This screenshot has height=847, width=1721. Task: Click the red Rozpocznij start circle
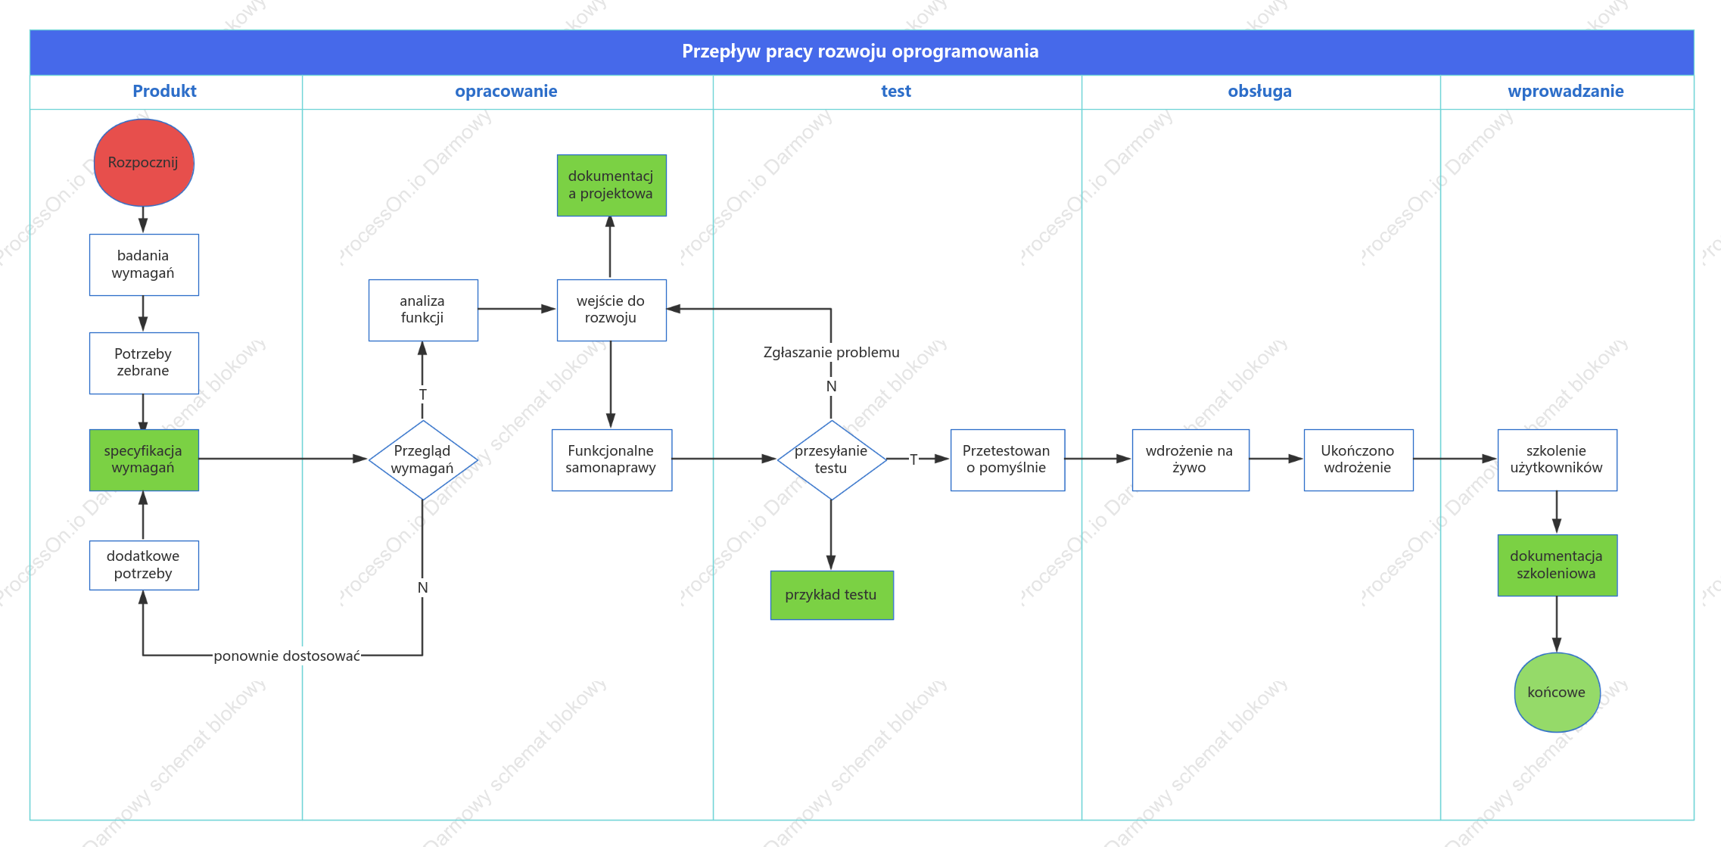144,163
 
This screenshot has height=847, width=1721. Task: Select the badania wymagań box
144,265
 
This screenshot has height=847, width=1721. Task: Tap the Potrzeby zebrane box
144,363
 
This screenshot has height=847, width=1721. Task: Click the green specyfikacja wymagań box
144,460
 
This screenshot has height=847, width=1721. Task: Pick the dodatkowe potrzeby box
144,565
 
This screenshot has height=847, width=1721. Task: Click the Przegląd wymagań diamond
423,460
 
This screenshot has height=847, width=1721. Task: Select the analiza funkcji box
423,310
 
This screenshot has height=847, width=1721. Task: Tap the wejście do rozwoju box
612,310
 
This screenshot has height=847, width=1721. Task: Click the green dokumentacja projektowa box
612,185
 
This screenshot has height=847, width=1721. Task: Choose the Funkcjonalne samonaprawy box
612,460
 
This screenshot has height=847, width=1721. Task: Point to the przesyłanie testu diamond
832,460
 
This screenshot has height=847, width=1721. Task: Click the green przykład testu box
832,595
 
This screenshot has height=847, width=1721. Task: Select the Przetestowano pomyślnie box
1007,460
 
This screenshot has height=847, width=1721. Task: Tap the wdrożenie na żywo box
1190,460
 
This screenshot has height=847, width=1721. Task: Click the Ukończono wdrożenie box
1358,460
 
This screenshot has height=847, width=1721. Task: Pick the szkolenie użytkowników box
1558,460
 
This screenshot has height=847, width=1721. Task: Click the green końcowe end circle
1558,693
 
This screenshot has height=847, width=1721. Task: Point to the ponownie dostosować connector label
287,656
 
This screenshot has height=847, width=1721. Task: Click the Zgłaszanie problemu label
832,353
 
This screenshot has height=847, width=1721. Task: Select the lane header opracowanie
506,92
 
